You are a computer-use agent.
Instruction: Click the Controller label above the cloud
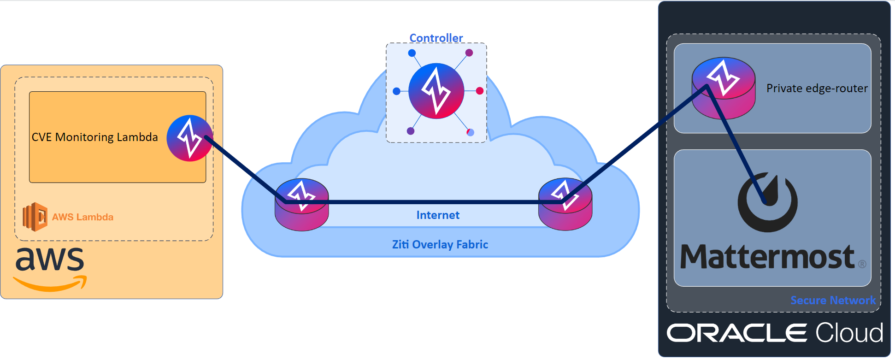click(436, 38)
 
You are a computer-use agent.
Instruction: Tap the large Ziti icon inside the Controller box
click(436, 91)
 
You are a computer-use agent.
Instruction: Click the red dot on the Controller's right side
click(479, 91)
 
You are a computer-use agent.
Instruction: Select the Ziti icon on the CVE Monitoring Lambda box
click(189, 138)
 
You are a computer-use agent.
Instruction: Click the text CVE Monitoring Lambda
click(94, 137)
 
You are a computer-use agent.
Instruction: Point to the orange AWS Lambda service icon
click(35, 217)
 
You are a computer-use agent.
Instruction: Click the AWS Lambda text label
click(82, 217)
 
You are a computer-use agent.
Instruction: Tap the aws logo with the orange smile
click(50, 269)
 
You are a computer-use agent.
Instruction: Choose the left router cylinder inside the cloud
click(301, 205)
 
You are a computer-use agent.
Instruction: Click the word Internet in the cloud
click(438, 215)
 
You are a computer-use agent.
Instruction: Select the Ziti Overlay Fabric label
click(440, 244)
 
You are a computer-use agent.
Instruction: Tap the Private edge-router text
click(817, 88)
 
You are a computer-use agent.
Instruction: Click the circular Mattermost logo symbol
click(767, 202)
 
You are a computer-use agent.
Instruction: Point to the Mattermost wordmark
click(767, 257)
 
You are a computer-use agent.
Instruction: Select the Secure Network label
click(833, 300)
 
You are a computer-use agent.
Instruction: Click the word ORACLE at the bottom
click(736, 333)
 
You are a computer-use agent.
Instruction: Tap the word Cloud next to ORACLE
click(849, 333)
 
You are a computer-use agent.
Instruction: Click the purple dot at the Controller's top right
click(469, 53)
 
